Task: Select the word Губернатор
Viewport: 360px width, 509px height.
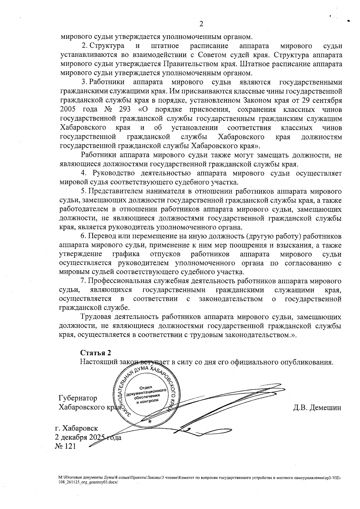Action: point(78,398)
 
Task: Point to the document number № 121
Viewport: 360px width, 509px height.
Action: point(65,446)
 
